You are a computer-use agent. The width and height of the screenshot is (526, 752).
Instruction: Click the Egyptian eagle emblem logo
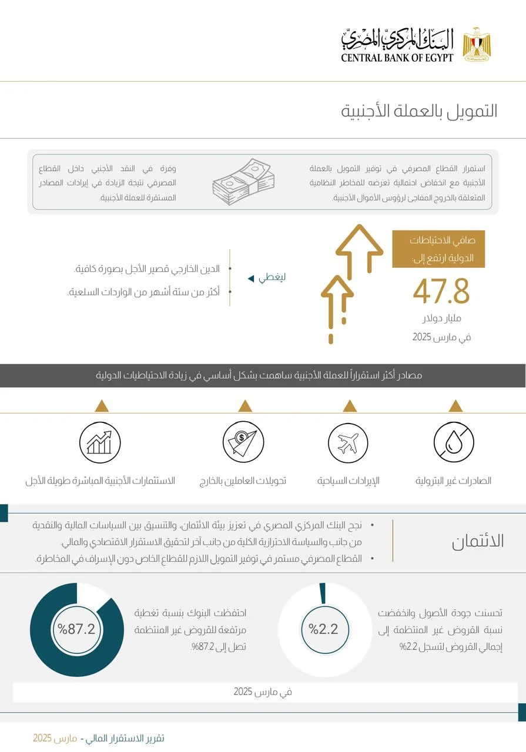click(477, 44)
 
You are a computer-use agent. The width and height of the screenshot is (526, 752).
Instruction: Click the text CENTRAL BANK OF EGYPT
click(397, 58)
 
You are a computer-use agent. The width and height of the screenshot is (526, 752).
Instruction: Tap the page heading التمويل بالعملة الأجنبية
click(420, 110)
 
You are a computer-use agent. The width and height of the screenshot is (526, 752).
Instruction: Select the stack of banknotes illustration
click(242, 181)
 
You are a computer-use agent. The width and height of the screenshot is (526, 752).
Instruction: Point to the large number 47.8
click(441, 292)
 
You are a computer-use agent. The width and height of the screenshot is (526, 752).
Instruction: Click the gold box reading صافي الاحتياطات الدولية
click(438, 249)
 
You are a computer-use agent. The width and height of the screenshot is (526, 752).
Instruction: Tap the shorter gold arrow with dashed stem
click(337, 305)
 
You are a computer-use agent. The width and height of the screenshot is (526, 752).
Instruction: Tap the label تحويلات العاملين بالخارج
click(243, 481)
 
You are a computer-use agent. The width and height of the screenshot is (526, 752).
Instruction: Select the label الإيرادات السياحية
click(349, 481)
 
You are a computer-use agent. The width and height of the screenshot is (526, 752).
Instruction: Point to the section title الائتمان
click(478, 541)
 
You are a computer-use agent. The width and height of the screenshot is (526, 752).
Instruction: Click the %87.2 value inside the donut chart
click(76, 629)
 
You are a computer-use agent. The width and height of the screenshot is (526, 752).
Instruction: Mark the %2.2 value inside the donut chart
click(323, 629)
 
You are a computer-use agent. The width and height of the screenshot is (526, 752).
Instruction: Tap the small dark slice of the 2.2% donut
click(322, 593)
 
